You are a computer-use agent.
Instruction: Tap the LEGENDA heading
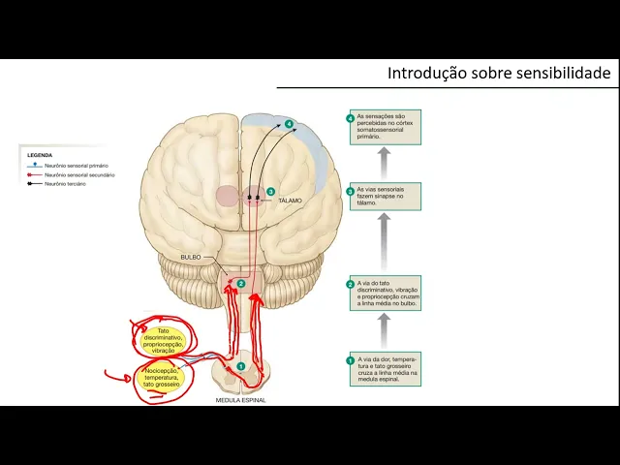(40, 155)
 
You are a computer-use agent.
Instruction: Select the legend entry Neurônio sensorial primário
(76, 166)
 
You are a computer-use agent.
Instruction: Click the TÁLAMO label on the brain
(290, 201)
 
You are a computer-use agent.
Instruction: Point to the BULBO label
(190, 257)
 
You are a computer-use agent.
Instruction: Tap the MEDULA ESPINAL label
(240, 400)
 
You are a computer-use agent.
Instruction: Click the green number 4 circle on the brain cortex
(289, 124)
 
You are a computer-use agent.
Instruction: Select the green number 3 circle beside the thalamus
(271, 192)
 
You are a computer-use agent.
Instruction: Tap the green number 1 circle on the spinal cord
(241, 366)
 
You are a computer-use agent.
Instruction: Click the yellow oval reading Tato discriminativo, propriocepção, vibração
(164, 340)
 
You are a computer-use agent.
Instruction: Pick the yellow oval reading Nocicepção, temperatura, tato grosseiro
(162, 377)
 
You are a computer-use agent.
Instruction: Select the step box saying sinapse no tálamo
(385, 196)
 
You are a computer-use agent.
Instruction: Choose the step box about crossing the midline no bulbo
(385, 292)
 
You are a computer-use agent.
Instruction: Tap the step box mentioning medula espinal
(385, 369)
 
